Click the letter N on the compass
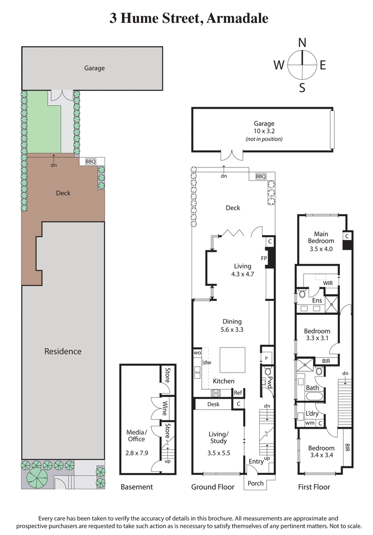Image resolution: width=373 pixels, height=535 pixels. coord(302,42)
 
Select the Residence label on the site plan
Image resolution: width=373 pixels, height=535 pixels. coord(63,351)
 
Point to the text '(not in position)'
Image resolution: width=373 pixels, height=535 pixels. coord(264,139)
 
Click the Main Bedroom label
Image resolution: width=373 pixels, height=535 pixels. coord(321,237)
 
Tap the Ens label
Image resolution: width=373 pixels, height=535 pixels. coord(317,300)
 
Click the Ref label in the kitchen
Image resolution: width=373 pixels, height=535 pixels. coord(238,393)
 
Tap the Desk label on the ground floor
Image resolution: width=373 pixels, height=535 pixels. coord(213,404)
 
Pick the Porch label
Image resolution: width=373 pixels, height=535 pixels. coord(255,483)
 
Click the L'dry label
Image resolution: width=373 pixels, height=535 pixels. coord(312,414)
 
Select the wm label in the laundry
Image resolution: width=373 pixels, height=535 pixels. coord(309,423)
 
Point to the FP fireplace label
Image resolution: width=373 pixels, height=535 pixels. coord(263,257)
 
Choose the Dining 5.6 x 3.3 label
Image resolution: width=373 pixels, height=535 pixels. coord(232,325)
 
